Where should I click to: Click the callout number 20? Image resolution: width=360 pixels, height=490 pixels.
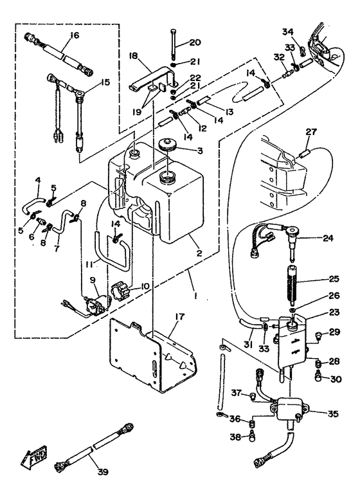[x=195, y=42]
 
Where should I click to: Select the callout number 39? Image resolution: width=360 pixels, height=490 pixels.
[x=103, y=471]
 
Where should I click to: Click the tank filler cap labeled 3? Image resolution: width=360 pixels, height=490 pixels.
[x=170, y=145]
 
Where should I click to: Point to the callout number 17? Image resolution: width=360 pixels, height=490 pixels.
[x=180, y=317]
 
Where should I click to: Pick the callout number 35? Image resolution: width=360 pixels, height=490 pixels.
[x=333, y=413]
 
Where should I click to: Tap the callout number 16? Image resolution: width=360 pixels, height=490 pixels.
[x=74, y=35]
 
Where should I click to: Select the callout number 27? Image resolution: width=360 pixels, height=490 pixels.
[x=311, y=132]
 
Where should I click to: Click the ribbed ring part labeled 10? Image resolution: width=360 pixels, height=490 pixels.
[x=120, y=290]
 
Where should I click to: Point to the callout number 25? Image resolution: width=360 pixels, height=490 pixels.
[x=334, y=278]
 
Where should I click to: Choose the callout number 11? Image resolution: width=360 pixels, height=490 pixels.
[x=89, y=265]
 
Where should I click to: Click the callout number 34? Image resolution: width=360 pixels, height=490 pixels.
[x=288, y=32]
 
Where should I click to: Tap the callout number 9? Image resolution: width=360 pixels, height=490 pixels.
[x=92, y=280]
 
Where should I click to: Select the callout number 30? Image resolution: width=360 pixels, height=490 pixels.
[x=336, y=379]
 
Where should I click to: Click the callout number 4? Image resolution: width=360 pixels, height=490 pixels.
[x=38, y=180]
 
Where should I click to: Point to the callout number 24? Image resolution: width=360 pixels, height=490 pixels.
[x=328, y=238]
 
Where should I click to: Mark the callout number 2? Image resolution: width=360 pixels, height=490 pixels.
[x=199, y=253]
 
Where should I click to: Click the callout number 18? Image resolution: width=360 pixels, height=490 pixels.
[x=134, y=56]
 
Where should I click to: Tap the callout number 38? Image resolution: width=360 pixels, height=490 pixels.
[x=235, y=437]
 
